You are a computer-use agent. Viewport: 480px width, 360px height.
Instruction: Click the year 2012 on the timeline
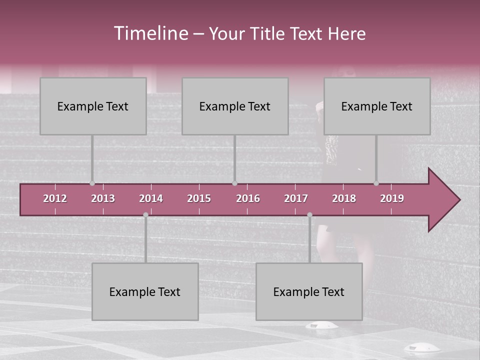coord(55,198)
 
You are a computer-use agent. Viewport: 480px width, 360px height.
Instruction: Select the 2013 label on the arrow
coord(103,198)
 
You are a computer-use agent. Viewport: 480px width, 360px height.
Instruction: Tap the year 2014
coord(151,198)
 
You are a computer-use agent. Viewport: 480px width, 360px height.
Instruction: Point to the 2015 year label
coord(199,198)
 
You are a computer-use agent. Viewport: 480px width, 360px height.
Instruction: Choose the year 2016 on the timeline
coord(248,198)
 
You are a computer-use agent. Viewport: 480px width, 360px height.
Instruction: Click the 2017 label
coord(296,198)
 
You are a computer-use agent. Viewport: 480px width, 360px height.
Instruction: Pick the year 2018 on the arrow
coord(344,198)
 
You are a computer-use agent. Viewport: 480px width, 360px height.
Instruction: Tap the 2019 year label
coord(392,198)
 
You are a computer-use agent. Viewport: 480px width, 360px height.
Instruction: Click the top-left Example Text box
coord(93,106)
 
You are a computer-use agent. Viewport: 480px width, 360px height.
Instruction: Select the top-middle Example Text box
coord(235,106)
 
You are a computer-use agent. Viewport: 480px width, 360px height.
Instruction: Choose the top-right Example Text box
coord(377,106)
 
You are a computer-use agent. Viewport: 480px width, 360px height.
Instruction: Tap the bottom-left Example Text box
coord(145,291)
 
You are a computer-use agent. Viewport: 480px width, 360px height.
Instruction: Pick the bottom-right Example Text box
coord(309,291)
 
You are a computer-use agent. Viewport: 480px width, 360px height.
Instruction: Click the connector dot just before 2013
coord(92,183)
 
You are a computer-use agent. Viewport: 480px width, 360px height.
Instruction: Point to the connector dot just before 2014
coord(145,214)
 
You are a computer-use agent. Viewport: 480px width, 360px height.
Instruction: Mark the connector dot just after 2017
coord(309,214)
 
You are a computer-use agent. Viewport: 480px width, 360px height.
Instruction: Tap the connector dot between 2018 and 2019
coord(376,183)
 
